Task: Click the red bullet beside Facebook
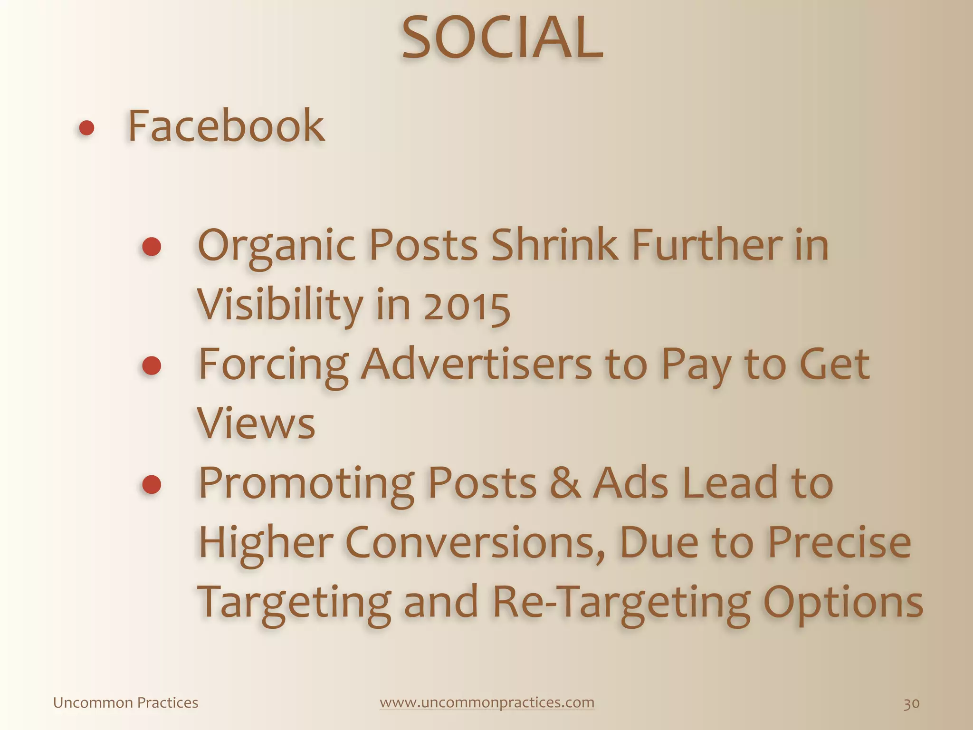(x=86, y=128)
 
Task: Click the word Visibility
(x=280, y=306)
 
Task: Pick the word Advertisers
(x=476, y=365)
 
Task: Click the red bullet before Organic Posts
(x=152, y=247)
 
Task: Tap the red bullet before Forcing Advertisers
(x=152, y=365)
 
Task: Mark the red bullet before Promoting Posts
(x=152, y=484)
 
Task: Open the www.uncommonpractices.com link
(x=487, y=702)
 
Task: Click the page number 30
(x=911, y=703)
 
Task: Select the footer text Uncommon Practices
(x=125, y=702)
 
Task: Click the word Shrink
(x=554, y=246)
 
